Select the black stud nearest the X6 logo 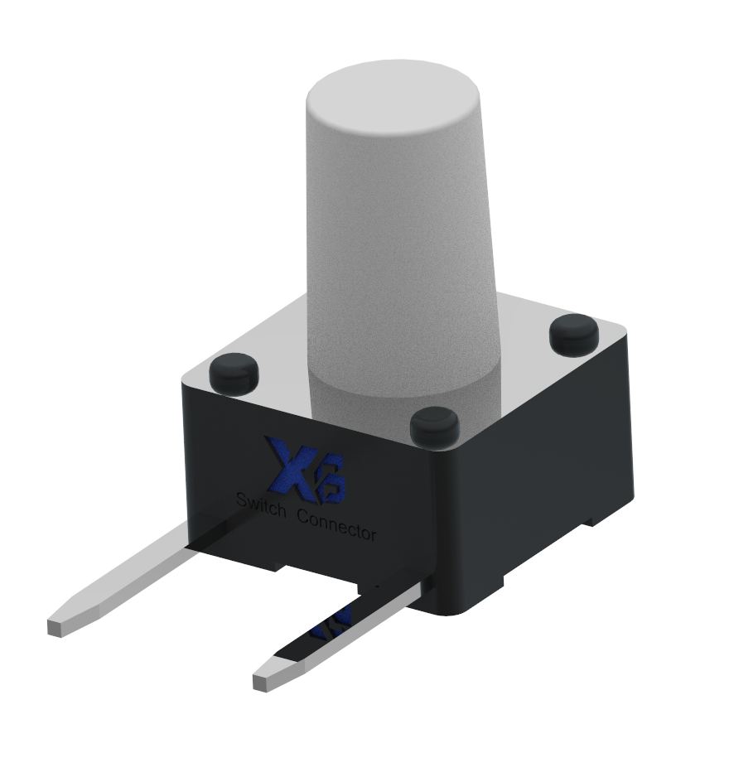(234, 372)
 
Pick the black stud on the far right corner (574, 332)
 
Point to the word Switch (261, 505)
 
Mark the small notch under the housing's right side (590, 523)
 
